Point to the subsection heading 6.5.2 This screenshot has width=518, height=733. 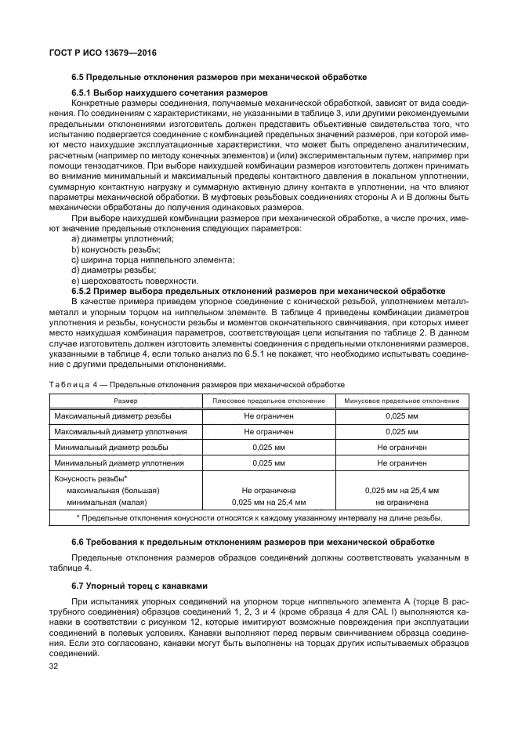(x=259, y=289)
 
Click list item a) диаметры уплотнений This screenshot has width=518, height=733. (x=122, y=238)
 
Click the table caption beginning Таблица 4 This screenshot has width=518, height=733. (x=197, y=384)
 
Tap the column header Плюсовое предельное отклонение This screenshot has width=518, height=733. (x=269, y=401)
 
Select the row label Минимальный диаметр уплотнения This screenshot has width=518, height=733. (x=120, y=463)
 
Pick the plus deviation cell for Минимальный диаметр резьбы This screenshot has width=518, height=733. (x=269, y=447)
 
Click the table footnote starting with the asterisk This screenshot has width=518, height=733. (x=259, y=518)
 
